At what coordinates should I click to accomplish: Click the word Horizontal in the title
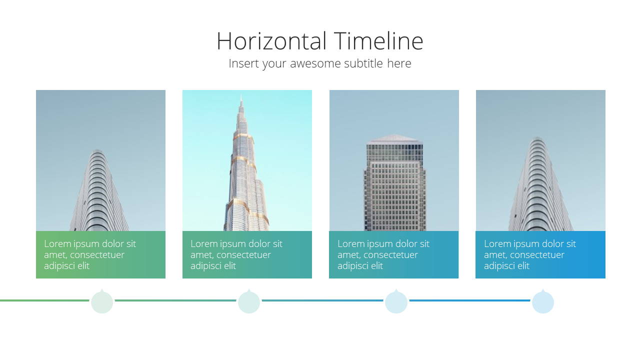tap(271, 41)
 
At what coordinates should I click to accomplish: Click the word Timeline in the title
tap(378, 41)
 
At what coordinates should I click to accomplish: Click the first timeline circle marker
tap(102, 301)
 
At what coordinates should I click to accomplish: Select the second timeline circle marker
tap(249, 301)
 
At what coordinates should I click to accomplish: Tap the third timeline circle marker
tap(396, 301)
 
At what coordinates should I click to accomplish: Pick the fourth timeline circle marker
tap(543, 301)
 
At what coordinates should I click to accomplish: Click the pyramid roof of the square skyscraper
tap(394, 138)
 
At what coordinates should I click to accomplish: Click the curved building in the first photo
tap(99, 190)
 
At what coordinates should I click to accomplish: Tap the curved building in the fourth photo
tap(540, 184)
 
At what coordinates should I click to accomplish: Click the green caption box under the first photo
tap(100, 254)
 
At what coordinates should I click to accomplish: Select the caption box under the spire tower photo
tap(247, 254)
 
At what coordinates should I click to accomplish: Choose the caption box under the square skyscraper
tap(393, 254)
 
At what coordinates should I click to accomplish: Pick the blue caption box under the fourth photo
tap(540, 254)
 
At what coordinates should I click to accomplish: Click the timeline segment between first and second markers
tap(175, 300)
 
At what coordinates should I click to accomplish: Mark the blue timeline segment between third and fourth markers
tap(469, 300)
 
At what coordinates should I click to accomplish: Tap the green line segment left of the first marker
tap(44, 300)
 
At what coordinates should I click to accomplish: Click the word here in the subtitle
tap(399, 63)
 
